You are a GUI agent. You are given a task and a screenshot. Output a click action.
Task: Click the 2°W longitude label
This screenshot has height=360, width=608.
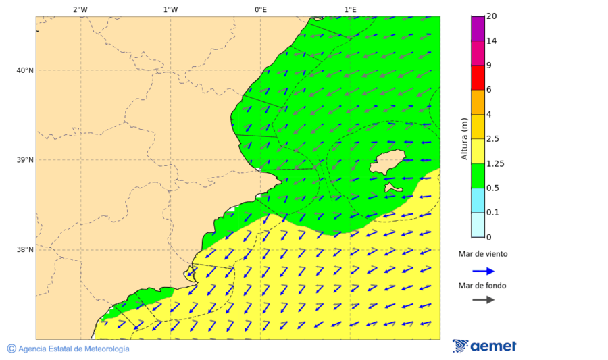coord(80,9)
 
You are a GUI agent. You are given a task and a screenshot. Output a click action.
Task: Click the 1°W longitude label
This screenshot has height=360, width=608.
coord(170,9)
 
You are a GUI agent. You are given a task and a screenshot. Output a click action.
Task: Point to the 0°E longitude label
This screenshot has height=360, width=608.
coord(260,9)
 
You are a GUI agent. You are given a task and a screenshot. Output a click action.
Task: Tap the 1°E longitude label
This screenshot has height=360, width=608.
coord(350,9)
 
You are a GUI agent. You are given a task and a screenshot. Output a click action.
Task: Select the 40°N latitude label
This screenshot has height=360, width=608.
coord(25,70)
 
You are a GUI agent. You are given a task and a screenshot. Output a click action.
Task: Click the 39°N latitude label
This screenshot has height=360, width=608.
coord(25,160)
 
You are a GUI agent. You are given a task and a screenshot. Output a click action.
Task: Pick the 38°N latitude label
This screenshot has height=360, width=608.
coord(25,250)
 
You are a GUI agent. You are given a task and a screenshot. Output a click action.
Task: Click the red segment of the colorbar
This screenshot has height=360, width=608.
coord(478,77)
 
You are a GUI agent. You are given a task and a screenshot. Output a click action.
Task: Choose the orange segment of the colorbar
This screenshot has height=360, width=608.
coord(478,102)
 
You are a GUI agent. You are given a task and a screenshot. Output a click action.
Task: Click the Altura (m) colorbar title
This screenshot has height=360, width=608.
coord(464,138)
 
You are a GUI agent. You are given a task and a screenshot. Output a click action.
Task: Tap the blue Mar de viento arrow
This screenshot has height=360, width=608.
coord(483,271)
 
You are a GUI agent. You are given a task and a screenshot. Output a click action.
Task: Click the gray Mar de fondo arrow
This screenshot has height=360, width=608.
coord(483,299)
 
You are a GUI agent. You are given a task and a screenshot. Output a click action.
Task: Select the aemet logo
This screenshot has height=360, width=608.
coord(484,346)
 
